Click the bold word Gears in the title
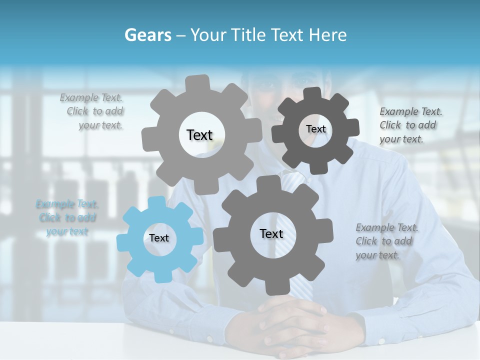point(147,35)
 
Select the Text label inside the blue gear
point(159,238)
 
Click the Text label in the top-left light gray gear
point(199,135)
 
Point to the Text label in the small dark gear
point(315,129)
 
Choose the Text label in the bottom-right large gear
point(271,233)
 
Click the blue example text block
point(67,217)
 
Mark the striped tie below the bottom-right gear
point(301,290)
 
